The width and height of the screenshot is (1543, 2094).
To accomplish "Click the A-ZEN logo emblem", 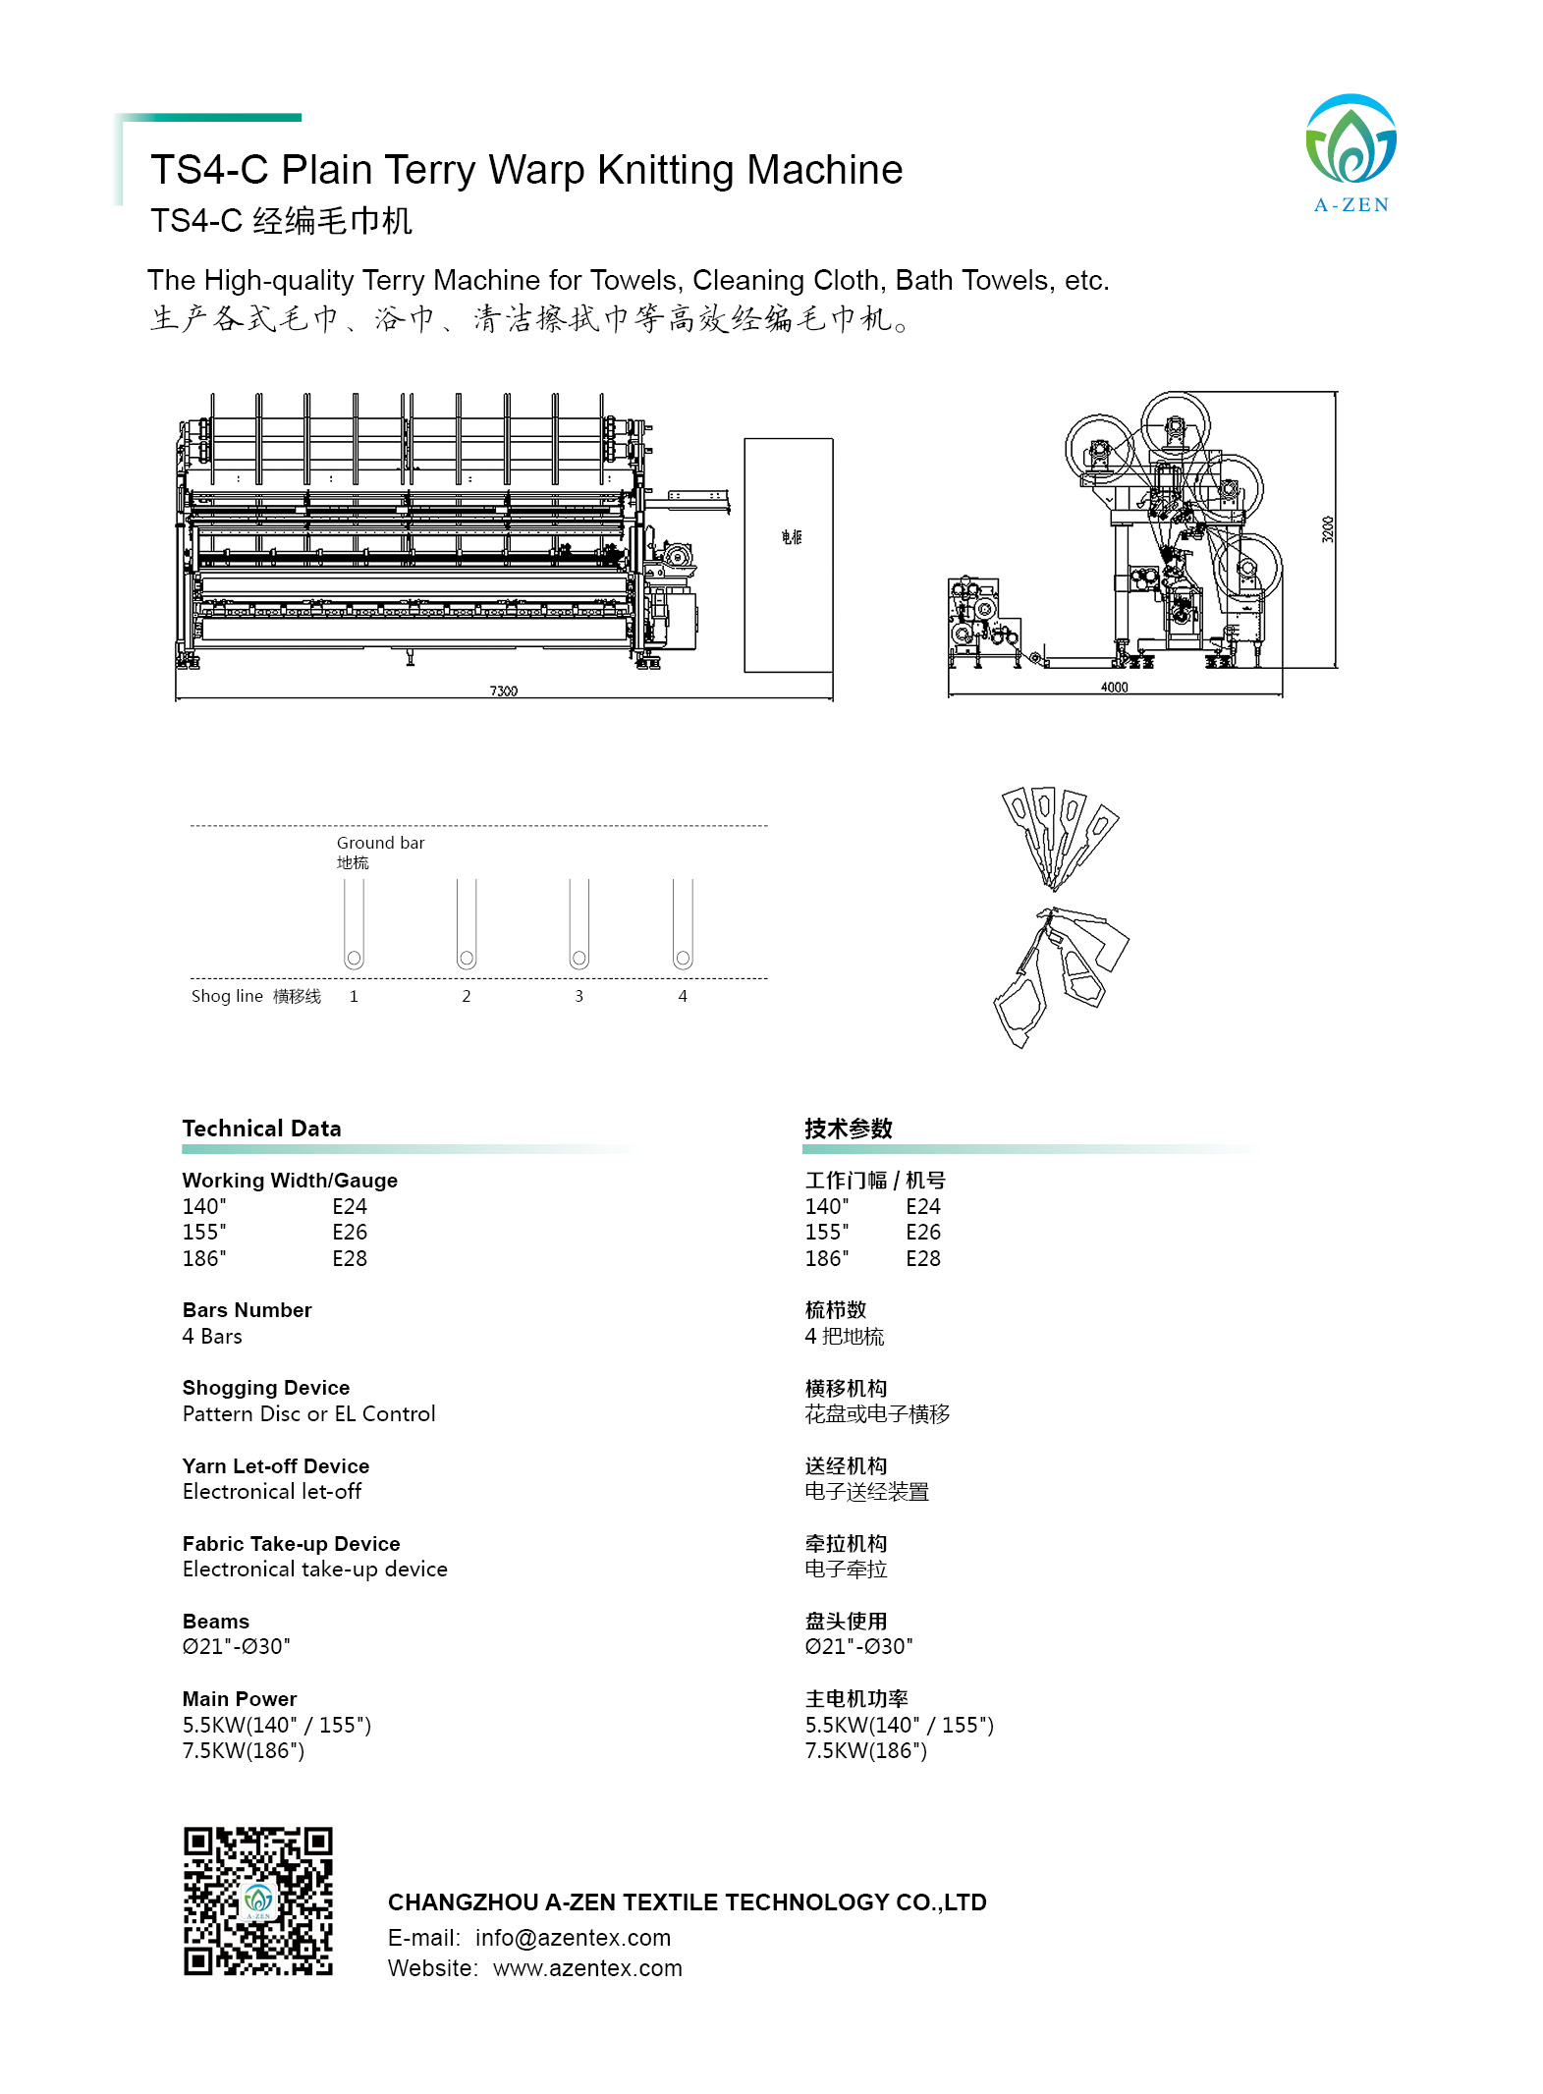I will (x=1350, y=140).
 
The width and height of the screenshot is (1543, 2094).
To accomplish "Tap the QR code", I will (x=258, y=1900).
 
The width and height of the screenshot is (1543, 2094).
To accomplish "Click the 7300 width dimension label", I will (x=503, y=690).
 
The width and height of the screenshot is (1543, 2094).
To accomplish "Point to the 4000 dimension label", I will (x=1114, y=687).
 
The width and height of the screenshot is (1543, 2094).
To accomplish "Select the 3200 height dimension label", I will (x=1327, y=529).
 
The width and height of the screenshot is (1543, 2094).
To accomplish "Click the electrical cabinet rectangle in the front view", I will (x=788, y=555).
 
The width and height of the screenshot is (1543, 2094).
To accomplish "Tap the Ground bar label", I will (x=380, y=843).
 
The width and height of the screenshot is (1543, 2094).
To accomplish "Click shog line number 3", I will (x=579, y=996).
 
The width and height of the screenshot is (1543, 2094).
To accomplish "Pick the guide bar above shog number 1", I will (x=354, y=924).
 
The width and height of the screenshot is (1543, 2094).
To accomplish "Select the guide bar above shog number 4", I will (x=683, y=924).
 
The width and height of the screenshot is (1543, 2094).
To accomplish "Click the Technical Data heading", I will (x=261, y=1129).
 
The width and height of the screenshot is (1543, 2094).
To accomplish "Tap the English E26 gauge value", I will (x=349, y=1232).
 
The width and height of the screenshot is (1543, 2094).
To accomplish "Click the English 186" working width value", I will (x=204, y=1258).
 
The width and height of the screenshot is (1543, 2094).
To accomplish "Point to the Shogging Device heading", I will (x=266, y=1388).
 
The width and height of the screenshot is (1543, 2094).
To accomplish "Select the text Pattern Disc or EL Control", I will (x=308, y=1413).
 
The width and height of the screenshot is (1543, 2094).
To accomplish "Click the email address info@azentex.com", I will (x=573, y=1938).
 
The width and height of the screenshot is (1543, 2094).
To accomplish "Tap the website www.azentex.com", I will (x=587, y=1968).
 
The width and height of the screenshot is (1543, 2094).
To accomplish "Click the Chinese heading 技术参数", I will (x=848, y=1129).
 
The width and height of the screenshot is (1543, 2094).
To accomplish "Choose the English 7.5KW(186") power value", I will (x=244, y=1750).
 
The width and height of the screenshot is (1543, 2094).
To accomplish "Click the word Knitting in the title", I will (x=666, y=170).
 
